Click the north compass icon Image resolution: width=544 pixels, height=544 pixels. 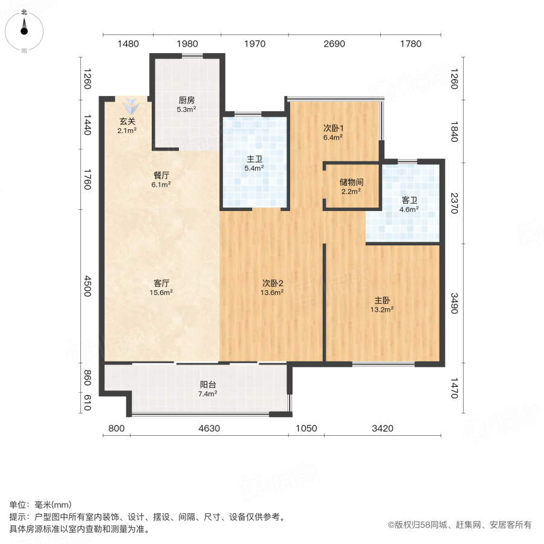24,28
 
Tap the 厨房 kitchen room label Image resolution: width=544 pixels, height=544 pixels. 186,100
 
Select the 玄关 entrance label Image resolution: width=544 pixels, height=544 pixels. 127,121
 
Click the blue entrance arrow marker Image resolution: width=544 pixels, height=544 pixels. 132,105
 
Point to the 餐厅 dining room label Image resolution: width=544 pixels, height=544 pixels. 161,175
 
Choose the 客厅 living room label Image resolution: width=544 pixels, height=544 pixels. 161,283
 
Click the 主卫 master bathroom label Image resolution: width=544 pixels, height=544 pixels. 254,160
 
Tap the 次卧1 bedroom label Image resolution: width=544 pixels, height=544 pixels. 333,128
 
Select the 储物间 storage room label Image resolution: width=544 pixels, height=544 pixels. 351,181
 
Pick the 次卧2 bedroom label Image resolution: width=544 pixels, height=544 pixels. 273,283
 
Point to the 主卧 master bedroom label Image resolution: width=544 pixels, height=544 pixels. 383,300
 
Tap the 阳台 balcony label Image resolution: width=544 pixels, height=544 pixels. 209,384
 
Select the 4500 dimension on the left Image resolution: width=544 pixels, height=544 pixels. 88,286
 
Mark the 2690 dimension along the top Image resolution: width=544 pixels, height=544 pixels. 334,44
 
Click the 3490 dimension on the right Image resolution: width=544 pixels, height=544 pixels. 455,304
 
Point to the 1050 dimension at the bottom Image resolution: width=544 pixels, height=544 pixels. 306,429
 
